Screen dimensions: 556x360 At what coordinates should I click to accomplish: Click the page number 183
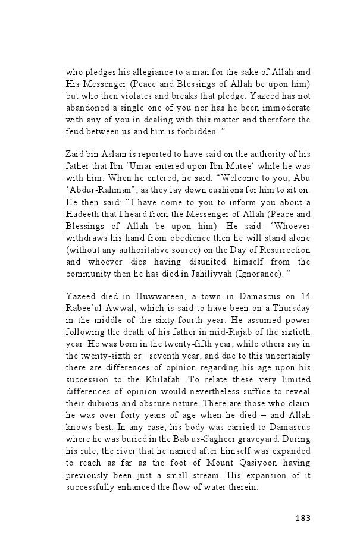click(302, 517)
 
